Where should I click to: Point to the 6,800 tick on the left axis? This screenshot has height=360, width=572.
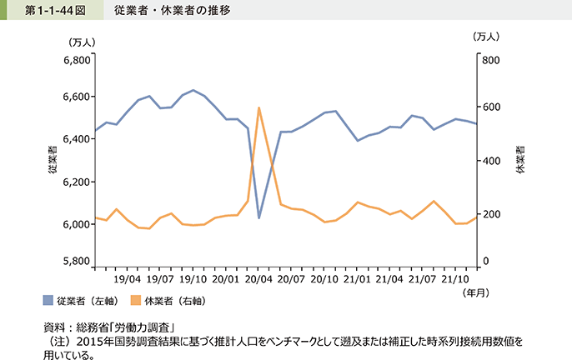[77, 62]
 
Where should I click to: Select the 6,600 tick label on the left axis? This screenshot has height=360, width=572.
[77, 97]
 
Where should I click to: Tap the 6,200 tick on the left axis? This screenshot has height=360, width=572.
[77, 182]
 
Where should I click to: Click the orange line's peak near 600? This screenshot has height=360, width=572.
[259, 107]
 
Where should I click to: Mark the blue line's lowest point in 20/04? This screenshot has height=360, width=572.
[259, 218]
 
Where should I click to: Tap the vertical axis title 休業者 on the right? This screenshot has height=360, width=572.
[521, 160]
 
